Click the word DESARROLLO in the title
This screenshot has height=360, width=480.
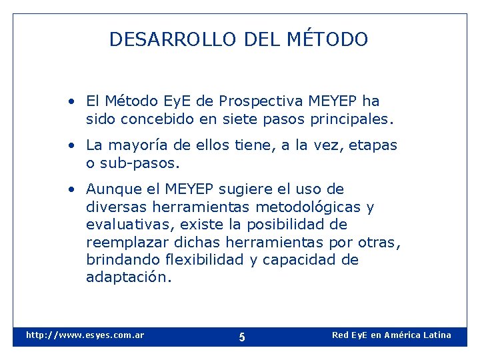point(173,40)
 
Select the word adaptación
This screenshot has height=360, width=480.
point(129,277)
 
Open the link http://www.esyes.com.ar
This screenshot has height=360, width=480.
point(85,335)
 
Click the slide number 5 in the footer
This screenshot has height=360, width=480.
point(242,337)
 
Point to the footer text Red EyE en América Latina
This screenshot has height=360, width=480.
point(391,335)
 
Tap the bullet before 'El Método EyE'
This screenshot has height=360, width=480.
point(71,102)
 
